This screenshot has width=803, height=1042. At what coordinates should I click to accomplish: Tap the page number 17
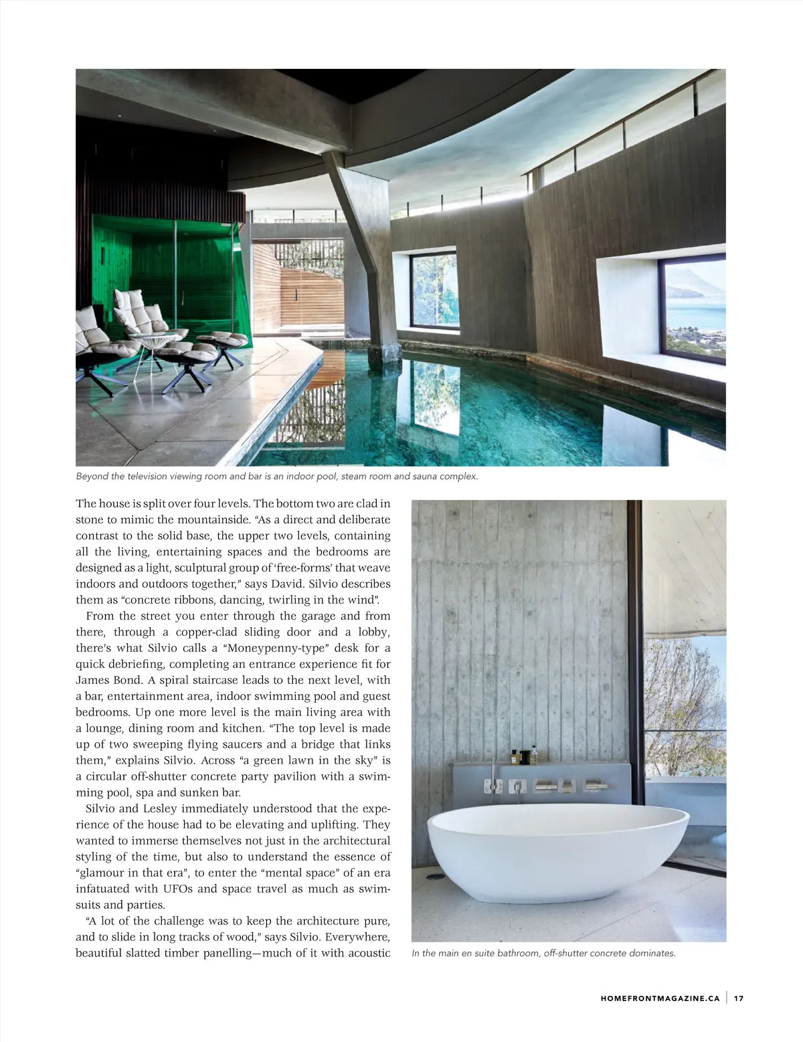(739, 998)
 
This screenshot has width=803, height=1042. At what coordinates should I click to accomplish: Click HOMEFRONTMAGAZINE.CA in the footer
(660, 998)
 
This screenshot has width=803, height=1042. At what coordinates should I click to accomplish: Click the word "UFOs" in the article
(178, 889)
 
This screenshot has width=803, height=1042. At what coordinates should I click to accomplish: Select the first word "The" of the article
(86, 503)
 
